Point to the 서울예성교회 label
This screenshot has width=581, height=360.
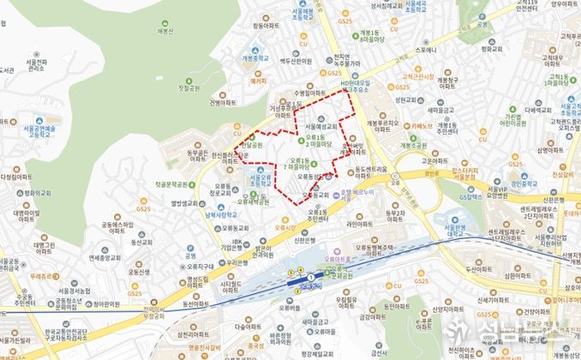pos(317,126)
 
